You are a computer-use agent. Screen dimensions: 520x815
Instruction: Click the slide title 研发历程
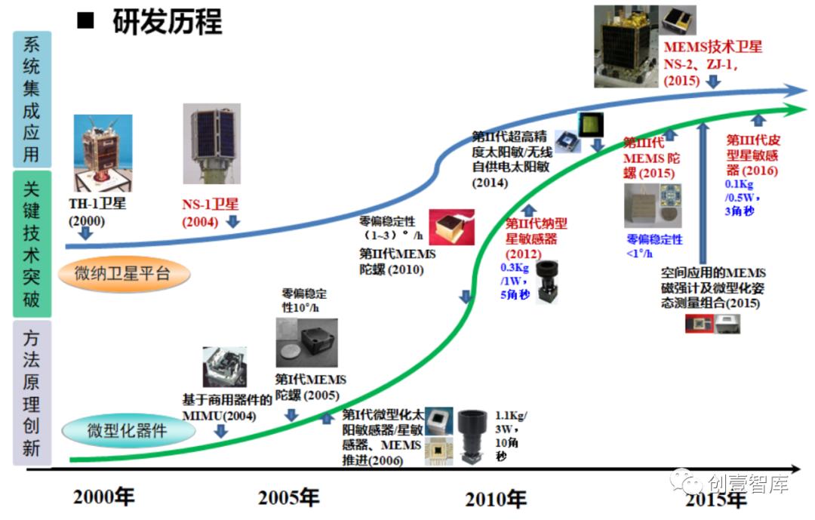coord(167,22)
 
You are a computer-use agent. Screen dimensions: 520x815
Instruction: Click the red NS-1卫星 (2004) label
coord(210,213)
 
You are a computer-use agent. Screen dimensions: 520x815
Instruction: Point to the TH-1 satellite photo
coord(103,152)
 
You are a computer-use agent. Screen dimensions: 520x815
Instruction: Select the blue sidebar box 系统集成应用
coord(32,99)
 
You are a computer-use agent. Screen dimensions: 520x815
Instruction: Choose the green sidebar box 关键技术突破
coord(32,244)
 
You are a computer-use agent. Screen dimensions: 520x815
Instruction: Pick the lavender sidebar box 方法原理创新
coord(32,392)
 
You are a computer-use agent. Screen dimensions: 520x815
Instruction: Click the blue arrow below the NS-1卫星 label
coord(233,222)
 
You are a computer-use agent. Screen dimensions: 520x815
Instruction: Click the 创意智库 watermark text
coord(747,484)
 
